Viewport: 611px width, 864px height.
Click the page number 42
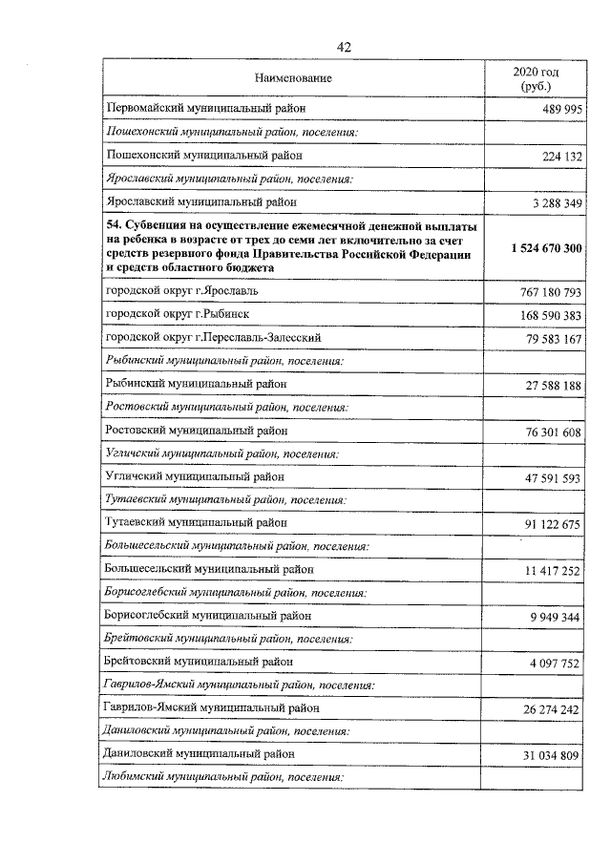345,48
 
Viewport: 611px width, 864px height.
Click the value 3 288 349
549,202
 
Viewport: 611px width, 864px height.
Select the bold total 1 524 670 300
537,247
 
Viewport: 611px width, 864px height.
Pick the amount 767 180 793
543,292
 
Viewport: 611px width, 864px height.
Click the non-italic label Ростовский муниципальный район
196,430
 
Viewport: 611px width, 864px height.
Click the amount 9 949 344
549,618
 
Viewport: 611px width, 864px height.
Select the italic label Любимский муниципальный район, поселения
222,777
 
